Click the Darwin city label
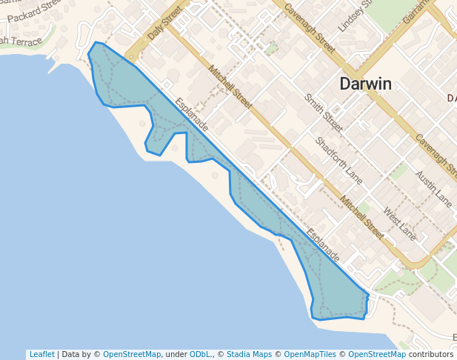365,84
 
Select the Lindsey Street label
353,16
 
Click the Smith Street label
324,113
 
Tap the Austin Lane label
433,187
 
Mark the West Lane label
399,224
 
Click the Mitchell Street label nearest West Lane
361,218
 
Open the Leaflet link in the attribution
41,354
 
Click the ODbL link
201,354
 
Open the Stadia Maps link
249,354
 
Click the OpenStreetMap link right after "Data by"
131,354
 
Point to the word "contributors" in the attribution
430,354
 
